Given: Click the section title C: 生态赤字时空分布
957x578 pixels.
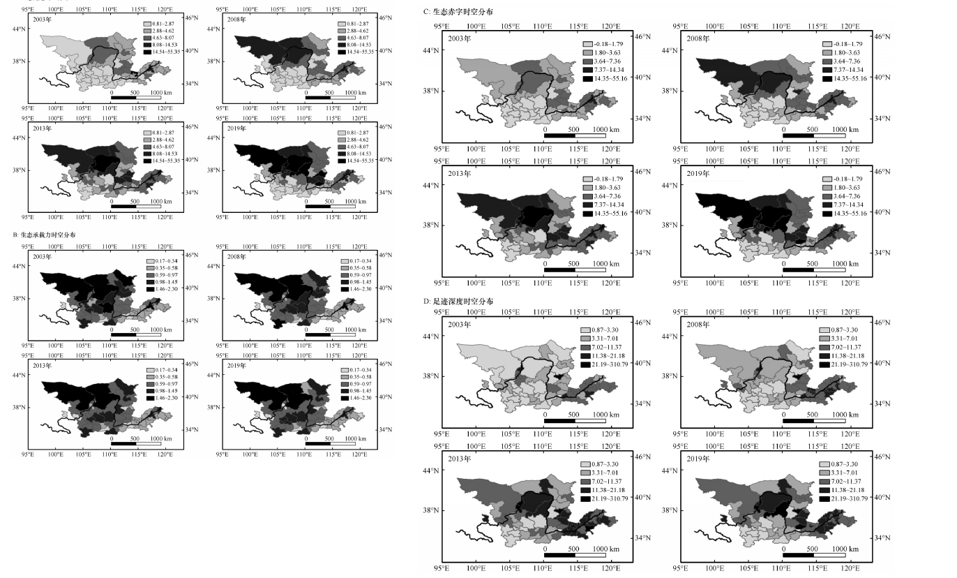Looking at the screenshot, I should click(x=462, y=13).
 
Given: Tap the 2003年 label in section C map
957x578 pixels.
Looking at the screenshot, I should click(x=459, y=38).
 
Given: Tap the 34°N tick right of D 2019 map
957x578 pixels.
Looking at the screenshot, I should click(x=882, y=538).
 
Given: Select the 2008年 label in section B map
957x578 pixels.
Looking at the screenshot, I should click(x=237, y=256).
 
